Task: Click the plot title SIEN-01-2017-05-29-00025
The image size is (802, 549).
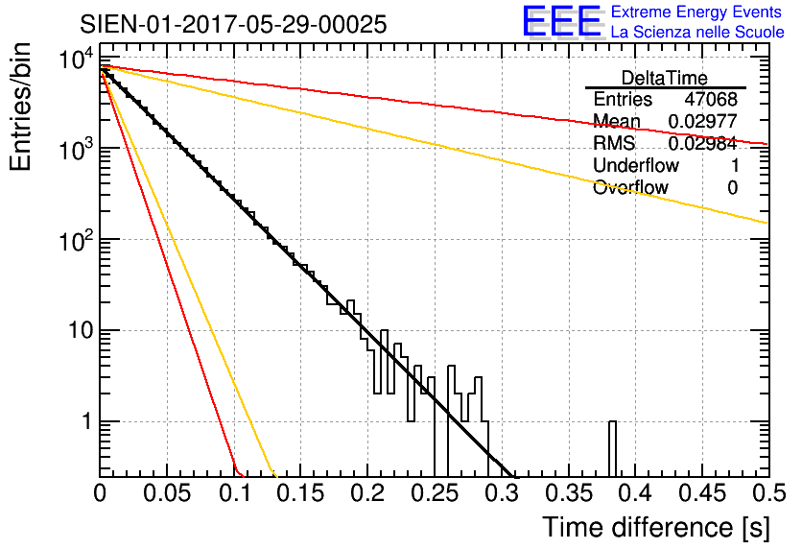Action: click(x=234, y=24)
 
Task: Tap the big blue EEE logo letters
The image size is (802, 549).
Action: click(x=561, y=22)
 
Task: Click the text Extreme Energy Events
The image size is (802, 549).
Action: click(x=697, y=12)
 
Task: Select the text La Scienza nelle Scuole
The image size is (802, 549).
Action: click(x=697, y=33)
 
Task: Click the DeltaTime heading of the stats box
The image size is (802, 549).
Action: click(x=665, y=78)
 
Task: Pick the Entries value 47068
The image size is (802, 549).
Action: click(x=711, y=100)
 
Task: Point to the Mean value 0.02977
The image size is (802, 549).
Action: click(x=702, y=121)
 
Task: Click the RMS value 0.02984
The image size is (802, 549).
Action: click(x=702, y=143)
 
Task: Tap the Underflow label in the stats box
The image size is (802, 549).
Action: click(x=636, y=165)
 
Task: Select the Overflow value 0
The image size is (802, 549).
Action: click(x=732, y=187)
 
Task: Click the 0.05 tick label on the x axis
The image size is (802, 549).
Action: click(x=167, y=494)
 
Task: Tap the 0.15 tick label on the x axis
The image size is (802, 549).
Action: click(x=300, y=494)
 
